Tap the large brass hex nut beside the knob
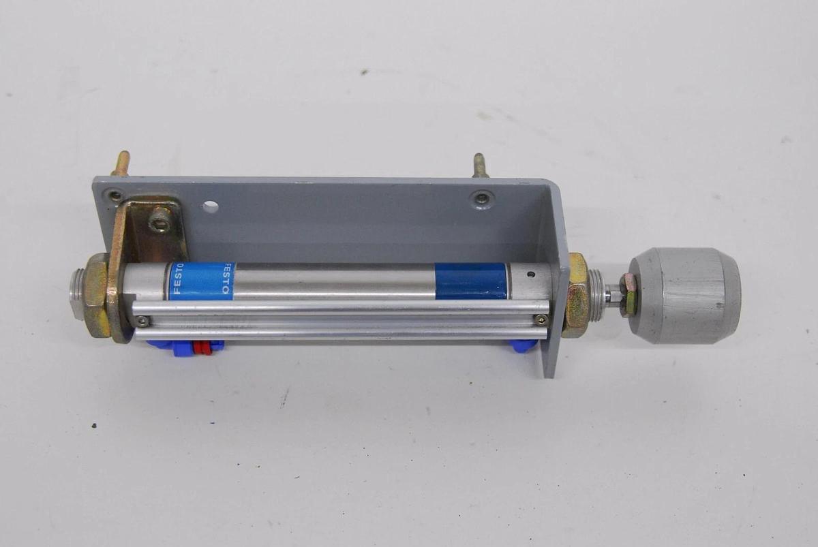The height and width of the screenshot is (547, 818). [577, 295]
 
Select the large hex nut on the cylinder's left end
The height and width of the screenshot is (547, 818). [95, 295]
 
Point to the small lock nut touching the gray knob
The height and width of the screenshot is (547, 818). [629, 294]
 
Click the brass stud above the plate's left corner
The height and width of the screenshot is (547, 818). [121, 164]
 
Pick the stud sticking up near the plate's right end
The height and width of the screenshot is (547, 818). [479, 166]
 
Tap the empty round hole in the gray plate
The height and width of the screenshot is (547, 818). [210, 206]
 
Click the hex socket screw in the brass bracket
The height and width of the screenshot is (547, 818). [160, 219]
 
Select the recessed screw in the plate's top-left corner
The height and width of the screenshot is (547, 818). [115, 196]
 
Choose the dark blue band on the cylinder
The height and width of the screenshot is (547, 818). [471, 281]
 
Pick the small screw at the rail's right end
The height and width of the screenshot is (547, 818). [541, 319]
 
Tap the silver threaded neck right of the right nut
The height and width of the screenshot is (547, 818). [598, 295]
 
